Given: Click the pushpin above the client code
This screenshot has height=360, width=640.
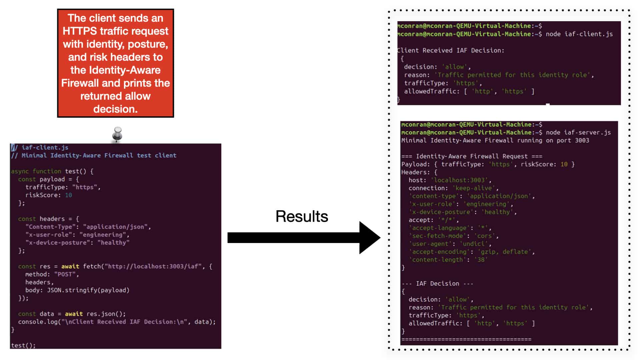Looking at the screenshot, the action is click(117, 134).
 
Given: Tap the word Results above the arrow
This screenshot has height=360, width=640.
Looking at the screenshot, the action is click(302, 217).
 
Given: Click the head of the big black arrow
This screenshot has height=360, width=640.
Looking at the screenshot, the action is click(370, 238).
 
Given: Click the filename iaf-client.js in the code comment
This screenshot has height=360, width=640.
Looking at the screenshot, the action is click(45, 147).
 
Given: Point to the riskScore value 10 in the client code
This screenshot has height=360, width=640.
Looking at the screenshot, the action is click(68, 195).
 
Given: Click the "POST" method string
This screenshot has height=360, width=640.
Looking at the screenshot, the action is click(65, 274).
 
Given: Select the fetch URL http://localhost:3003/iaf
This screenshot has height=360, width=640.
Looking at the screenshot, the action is click(153, 266).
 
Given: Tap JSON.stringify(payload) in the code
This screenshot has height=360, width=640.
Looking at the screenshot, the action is click(88, 290).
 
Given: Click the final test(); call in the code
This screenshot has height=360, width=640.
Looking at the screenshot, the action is click(23, 345).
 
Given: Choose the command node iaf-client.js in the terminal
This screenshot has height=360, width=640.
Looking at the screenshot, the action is click(579, 34).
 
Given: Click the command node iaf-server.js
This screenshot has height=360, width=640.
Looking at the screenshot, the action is click(578, 132).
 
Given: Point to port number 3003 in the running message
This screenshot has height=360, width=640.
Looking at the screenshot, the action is click(582, 140).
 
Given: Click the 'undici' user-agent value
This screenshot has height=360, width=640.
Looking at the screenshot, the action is click(473, 244).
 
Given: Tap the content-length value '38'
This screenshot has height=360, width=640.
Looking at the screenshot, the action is click(481, 260).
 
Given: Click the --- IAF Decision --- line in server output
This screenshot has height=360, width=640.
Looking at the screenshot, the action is click(437, 284).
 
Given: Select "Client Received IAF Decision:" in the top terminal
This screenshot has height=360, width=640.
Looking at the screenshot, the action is click(451, 50).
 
